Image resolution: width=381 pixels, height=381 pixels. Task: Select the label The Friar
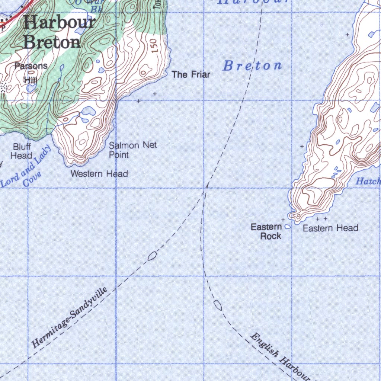(191, 75)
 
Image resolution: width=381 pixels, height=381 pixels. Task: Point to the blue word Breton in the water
(252, 66)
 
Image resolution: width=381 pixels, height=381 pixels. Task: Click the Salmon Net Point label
(132, 150)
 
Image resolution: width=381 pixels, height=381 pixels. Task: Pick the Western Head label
(99, 174)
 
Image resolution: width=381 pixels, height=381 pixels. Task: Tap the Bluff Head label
(22, 151)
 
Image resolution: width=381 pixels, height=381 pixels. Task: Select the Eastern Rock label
(266, 231)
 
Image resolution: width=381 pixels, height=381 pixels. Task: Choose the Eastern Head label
(330, 228)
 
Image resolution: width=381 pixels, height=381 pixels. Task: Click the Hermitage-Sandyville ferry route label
(69, 317)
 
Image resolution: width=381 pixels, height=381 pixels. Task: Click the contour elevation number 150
(155, 45)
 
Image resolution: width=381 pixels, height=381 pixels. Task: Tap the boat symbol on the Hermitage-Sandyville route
(152, 256)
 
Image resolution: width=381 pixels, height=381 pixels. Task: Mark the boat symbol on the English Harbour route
(218, 305)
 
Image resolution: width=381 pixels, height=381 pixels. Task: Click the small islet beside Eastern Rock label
(287, 226)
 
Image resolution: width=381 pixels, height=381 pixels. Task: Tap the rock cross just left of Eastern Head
(283, 220)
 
